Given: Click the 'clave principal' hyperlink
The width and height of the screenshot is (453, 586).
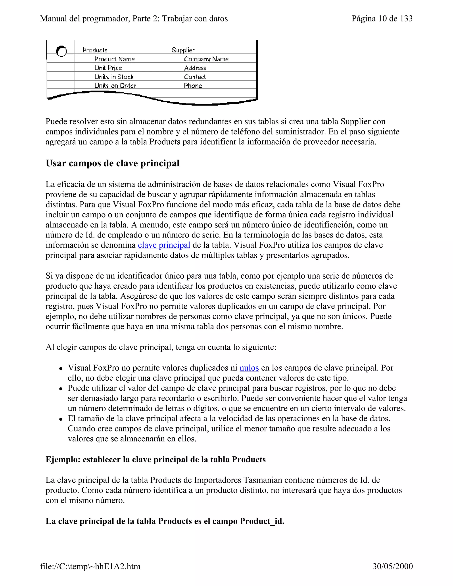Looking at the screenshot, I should pyautogui.click(x=164, y=245).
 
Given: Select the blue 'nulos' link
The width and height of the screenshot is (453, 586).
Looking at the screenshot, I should pyautogui.click(x=249, y=368).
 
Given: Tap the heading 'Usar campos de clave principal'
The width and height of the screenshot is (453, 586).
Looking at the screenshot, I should pyautogui.click(x=112, y=163).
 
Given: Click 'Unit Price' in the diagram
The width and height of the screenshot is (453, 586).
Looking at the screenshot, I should pyautogui.click(x=108, y=68).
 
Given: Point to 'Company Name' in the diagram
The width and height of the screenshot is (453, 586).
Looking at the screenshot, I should pyautogui.click(x=206, y=59).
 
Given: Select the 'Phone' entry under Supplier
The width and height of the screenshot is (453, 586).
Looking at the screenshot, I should pyautogui.click(x=193, y=85).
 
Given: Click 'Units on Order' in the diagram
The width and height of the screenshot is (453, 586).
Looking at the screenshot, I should pyautogui.click(x=115, y=85).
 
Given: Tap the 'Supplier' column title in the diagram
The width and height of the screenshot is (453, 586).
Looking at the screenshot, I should pyautogui.click(x=183, y=50).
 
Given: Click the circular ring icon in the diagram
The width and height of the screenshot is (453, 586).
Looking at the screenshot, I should pyautogui.click(x=61, y=51).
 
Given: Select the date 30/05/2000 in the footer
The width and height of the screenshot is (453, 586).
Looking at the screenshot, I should pyautogui.click(x=392, y=566).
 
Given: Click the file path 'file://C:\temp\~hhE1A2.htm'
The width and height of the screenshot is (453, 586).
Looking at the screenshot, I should pyautogui.click(x=90, y=566).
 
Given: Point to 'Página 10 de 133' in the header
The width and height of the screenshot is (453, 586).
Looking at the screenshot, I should pyautogui.click(x=382, y=19).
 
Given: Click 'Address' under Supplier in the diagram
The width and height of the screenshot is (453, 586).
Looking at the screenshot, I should pyautogui.click(x=195, y=68).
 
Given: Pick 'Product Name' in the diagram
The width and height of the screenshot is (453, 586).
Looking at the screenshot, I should pyautogui.click(x=114, y=59).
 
